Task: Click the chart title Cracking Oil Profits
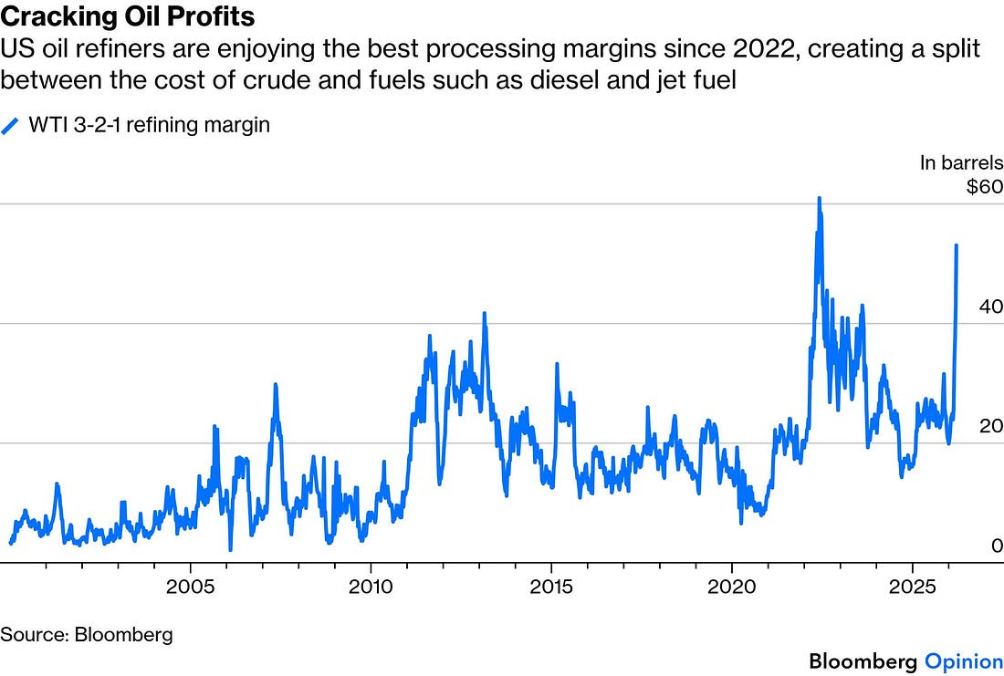click(128, 16)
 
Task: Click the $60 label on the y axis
click(985, 189)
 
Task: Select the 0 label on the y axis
click(997, 546)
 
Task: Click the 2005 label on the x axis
click(191, 584)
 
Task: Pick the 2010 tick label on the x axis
click(371, 584)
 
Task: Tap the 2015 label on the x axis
click(551, 584)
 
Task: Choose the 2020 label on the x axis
click(732, 584)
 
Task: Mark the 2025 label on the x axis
click(913, 584)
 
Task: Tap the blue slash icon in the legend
click(11, 126)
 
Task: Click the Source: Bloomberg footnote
click(87, 633)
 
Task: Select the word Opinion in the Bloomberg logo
click(964, 660)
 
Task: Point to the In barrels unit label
click(961, 163)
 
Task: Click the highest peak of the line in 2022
click(819, 198)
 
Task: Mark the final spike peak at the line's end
click(956, 245)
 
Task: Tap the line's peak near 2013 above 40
click(484, 314)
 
